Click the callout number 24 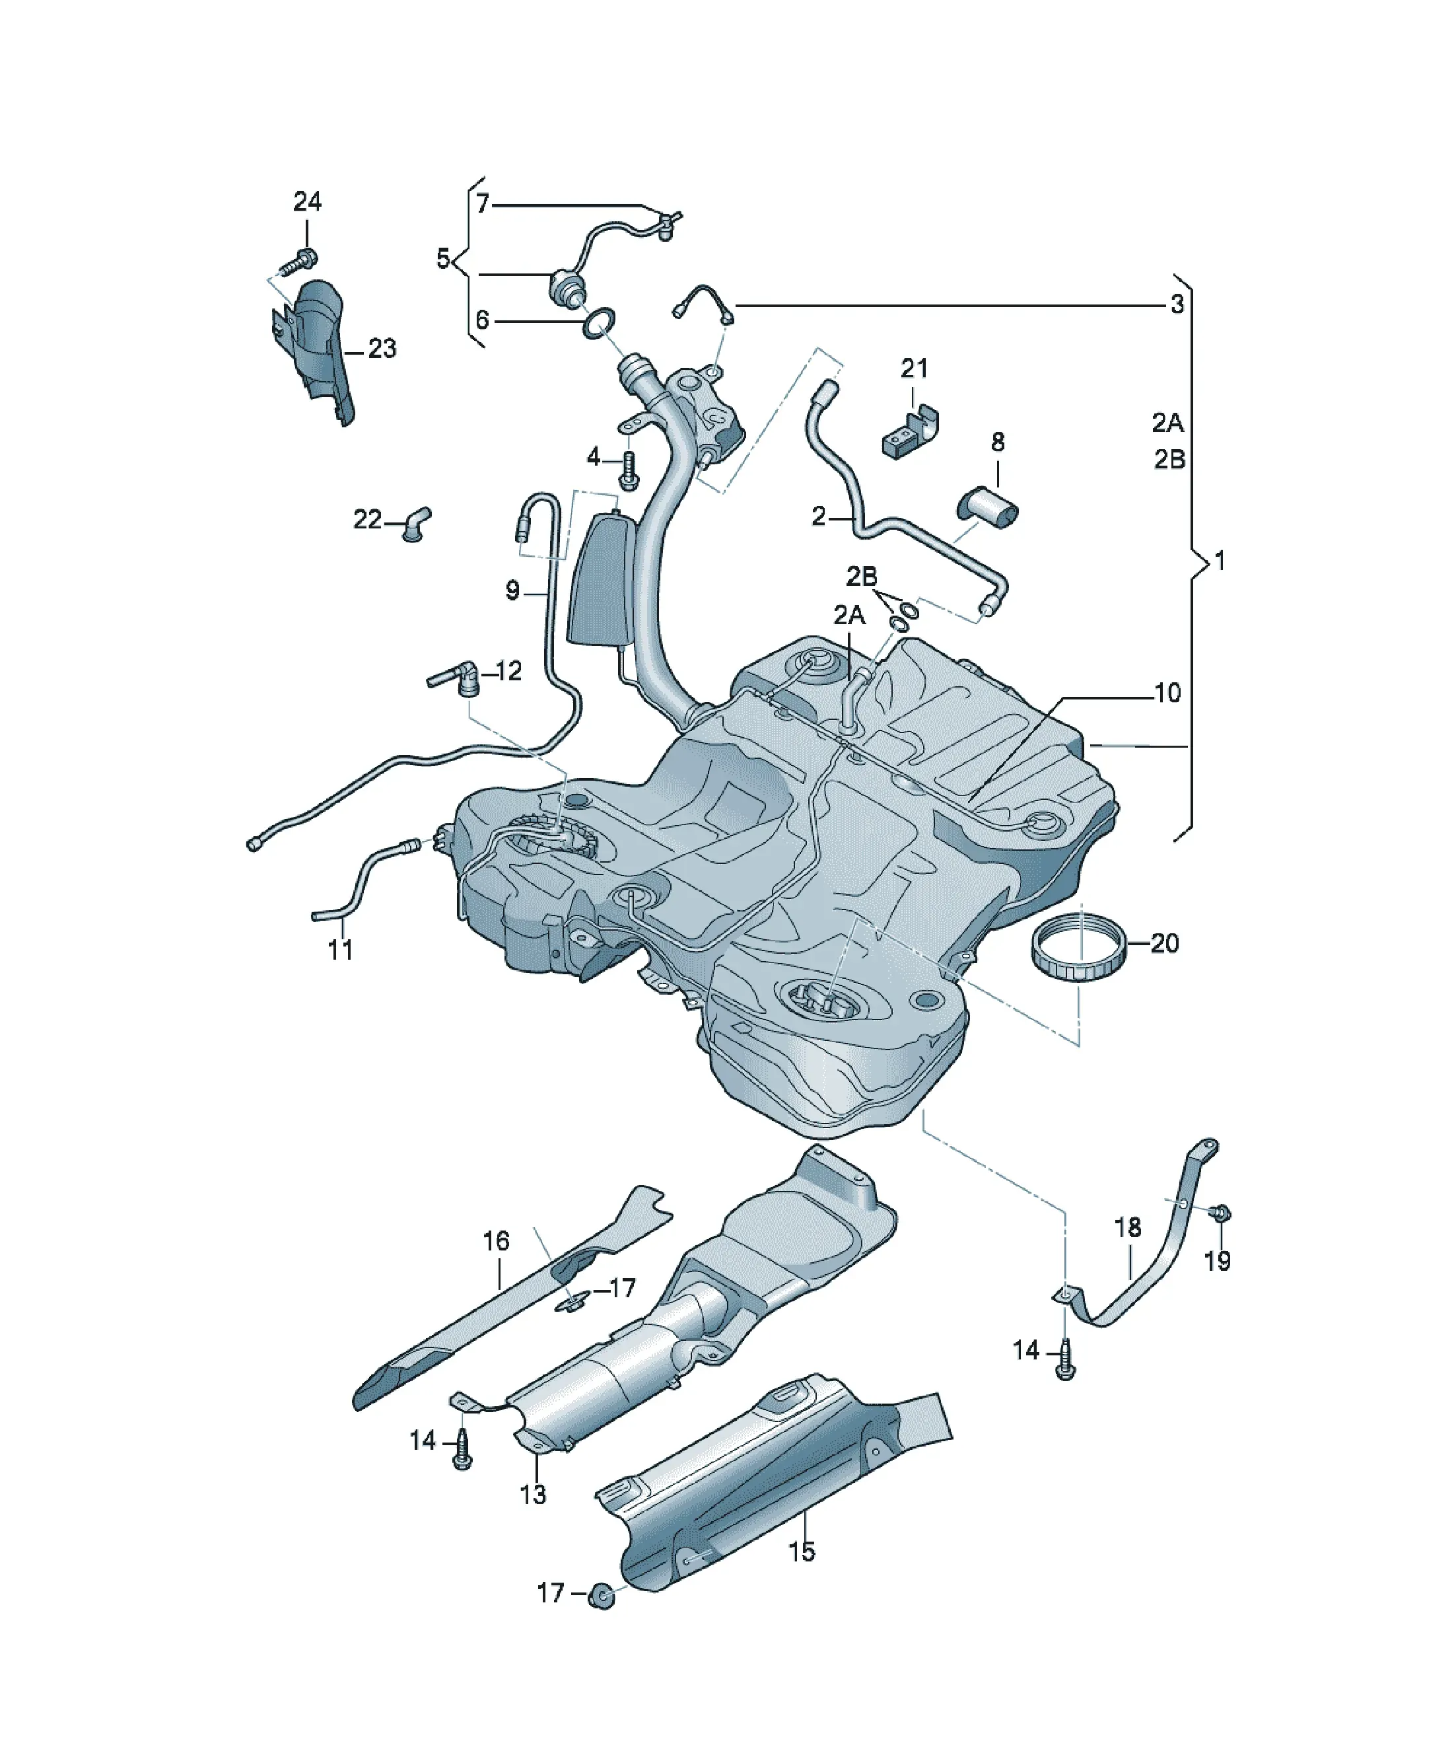pyautogui.click(x=307, y=201)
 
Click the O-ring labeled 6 pyautogui.click(x=600, y=324)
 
